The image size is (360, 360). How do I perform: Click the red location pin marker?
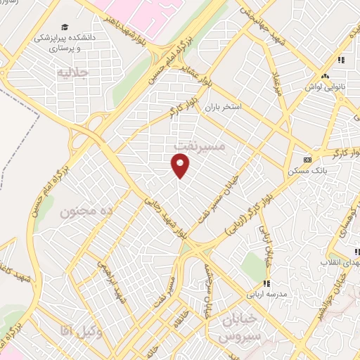(181, 165)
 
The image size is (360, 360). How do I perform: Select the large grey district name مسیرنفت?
(199, 144)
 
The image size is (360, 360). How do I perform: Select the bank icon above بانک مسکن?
(307, 159)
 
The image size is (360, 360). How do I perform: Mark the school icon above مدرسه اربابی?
(266, 283)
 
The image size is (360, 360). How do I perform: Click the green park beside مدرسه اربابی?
(252, 265)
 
